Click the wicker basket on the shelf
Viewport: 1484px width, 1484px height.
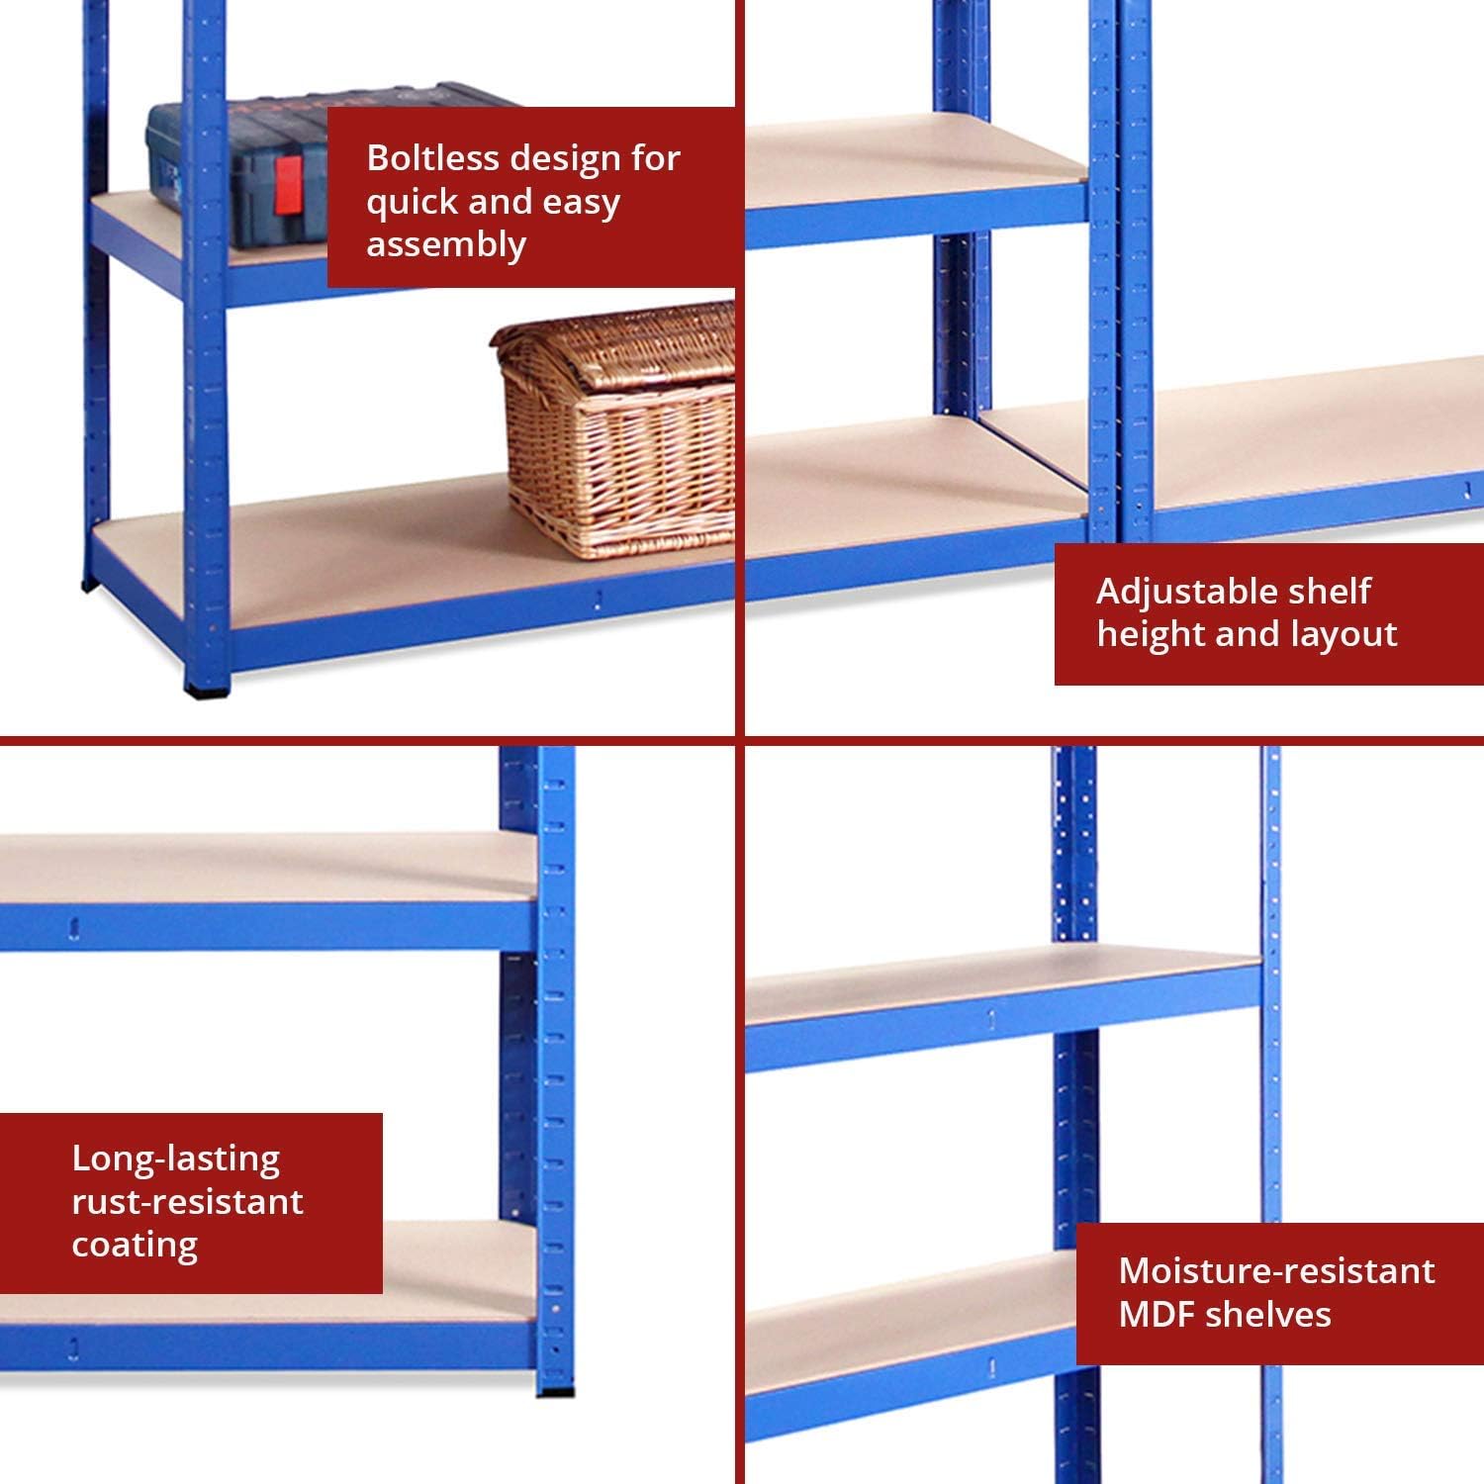[x=613, y=430]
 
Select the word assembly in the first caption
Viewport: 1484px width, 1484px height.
[x=446, y=244]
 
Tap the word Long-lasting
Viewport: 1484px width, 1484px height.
[x=176, y=1159]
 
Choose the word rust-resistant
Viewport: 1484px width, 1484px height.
[x=187, y=1202]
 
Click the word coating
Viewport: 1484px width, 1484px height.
[x=135, y=1246]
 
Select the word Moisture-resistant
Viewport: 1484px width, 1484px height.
[x=1276, y=1271]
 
